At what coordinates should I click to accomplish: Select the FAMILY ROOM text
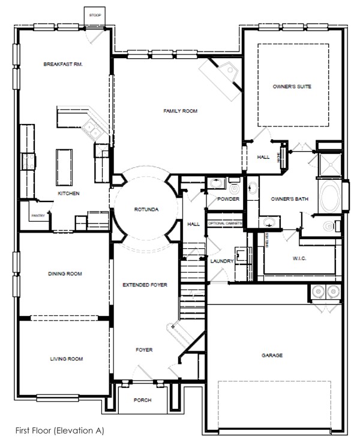pos(181,110)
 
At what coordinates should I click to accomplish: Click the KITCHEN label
pos(68,193)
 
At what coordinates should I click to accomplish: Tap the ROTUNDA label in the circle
pos(146,209)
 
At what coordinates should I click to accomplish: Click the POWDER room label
pos(228,198)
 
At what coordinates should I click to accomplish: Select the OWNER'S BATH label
pos(289,198)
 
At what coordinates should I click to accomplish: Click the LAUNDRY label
pos(222,261)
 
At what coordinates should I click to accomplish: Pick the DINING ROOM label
pos(65,274)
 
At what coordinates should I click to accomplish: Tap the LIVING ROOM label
pos(66,359)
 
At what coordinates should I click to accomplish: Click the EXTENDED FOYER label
pos(145,284)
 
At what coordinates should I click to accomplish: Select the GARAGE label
pos(272,355)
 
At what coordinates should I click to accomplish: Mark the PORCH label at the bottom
pos(142,400)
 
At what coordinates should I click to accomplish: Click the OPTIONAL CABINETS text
pos(225,223)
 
